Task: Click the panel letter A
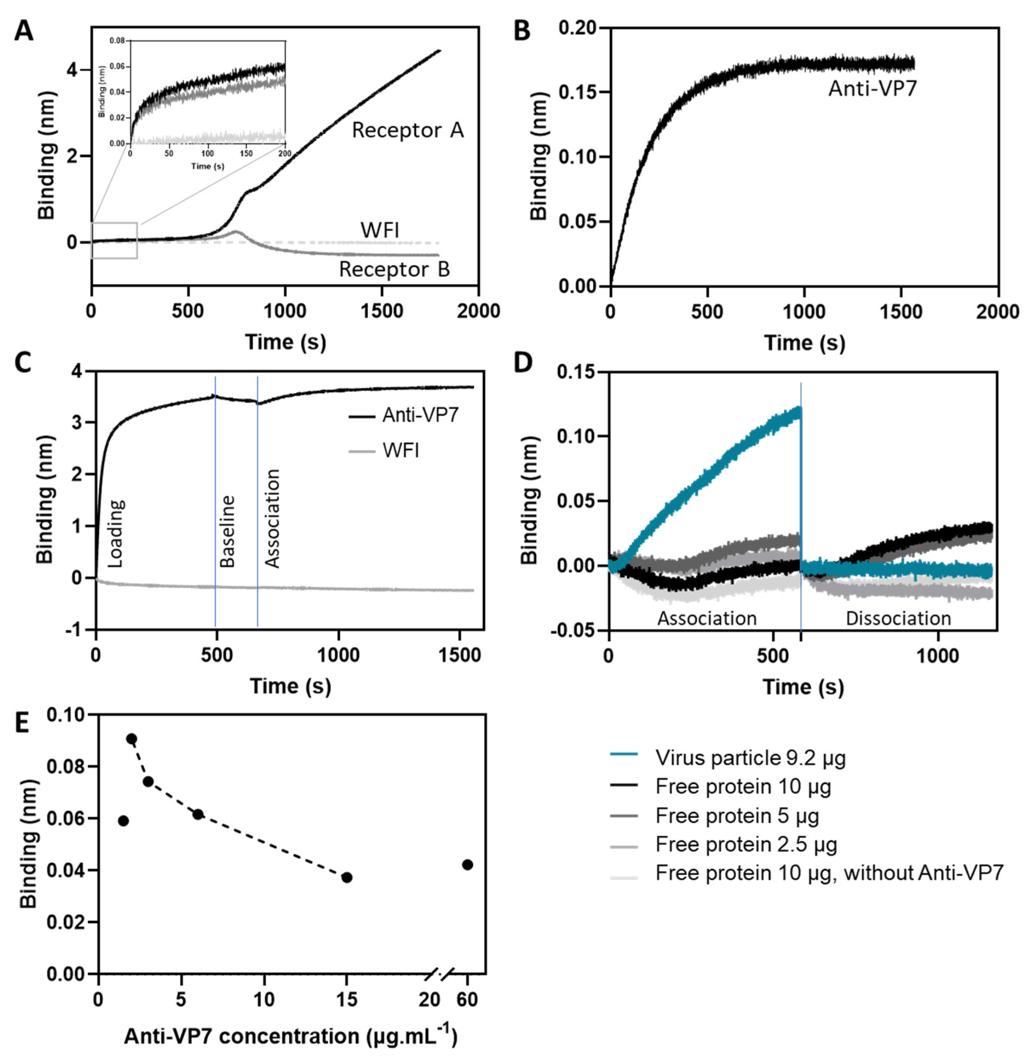pyautogui.click(x=23, y=31)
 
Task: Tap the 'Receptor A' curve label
pyautogui.click(x=407, y=130)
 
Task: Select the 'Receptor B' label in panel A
pyautogui.click(x=394, y=269)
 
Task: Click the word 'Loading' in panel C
pyautogui.click(x=115, y=534)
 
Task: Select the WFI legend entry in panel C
pyautogui.click(x=401, y=450)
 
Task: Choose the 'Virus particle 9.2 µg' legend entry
pyautogui.click(x=750, y=757)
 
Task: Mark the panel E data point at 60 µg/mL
pyautogui.click(x=467, y=865)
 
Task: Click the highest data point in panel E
pyautogui.click(x=131, y=739)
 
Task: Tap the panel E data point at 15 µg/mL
pyautogui.click(x=347, y=877)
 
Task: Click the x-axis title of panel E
pyautogui.click(x=291, y=1036)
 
